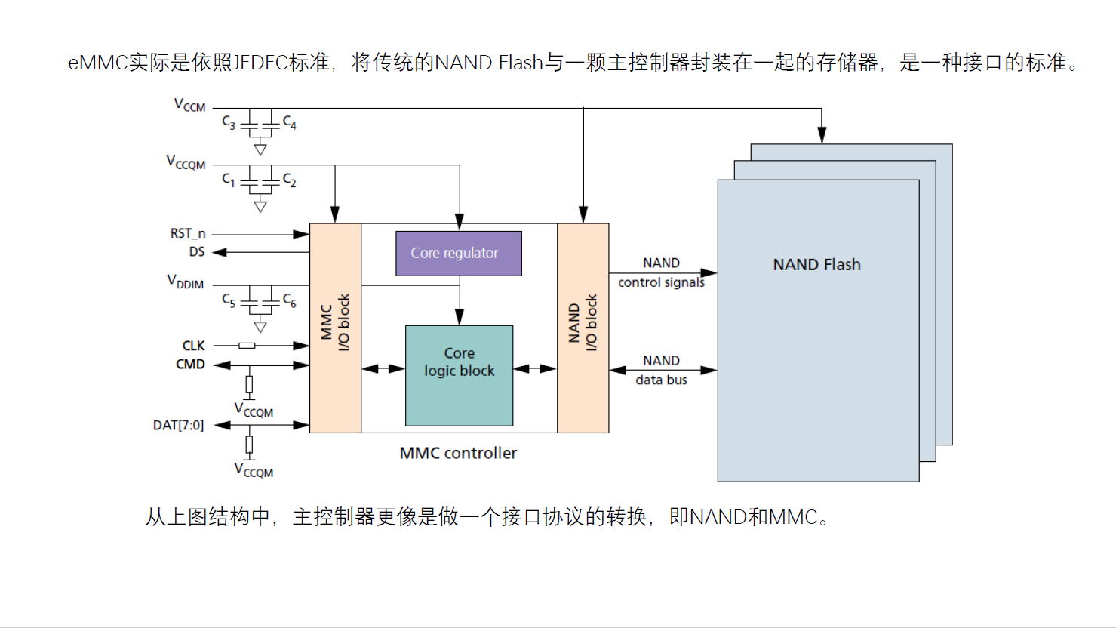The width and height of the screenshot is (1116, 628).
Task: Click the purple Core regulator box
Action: [459, 254]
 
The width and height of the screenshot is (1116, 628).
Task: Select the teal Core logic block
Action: [459, 375]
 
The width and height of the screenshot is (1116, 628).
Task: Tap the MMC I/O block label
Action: [335, 322]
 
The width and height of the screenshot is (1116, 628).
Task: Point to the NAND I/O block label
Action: [583, 322]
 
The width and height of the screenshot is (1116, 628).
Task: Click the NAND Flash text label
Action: [816, 265]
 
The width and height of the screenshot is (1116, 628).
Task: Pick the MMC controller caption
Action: [458, 453]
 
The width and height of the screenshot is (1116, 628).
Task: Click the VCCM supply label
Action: [189, 105]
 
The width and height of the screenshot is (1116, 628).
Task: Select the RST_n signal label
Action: [188, 234]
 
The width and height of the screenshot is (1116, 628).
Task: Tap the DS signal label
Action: [197, 252]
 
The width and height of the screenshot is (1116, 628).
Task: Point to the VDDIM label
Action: [186, 282]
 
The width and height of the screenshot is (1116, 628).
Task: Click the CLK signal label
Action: [193, 346]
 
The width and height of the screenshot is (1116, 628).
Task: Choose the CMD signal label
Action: [190, 364]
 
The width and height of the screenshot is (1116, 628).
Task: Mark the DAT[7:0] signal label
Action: [178, 425]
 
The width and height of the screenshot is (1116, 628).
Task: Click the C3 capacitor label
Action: [229, 122]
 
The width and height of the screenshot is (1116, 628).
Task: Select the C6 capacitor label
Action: [290, 300]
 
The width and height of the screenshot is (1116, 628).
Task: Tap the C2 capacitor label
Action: [290, 180]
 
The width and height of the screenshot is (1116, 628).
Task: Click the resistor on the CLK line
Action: [247, 346]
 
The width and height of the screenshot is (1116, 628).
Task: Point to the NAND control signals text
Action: [661, 272]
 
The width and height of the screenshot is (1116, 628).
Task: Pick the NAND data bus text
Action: [661, 370]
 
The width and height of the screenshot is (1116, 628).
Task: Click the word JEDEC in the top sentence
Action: [260, 62]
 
